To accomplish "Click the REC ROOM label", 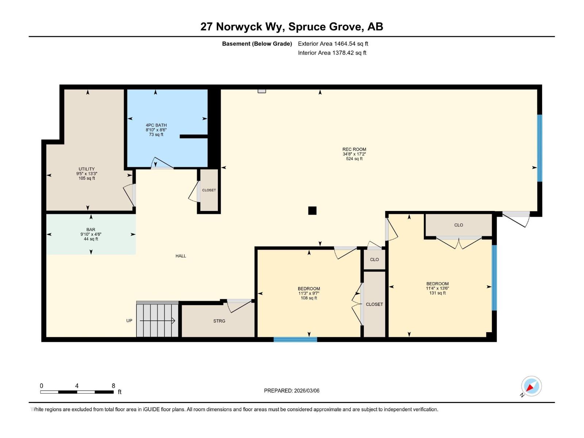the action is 354,149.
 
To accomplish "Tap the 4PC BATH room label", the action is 156,125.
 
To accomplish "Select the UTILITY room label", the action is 87,169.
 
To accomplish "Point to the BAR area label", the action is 91,230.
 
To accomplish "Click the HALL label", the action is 181,256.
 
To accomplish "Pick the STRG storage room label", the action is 219,321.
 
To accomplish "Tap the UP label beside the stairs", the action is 129,321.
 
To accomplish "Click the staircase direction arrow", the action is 157,321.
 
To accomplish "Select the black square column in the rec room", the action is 312,211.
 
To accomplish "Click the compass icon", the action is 531,386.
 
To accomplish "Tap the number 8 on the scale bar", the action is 114,385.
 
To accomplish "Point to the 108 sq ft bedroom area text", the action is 309,298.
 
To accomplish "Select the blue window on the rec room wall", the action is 539,148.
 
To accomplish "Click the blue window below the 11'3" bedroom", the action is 295,339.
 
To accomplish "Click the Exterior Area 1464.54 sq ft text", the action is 333,43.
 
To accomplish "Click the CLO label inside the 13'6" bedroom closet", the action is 458,225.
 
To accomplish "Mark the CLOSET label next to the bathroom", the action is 209,190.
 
